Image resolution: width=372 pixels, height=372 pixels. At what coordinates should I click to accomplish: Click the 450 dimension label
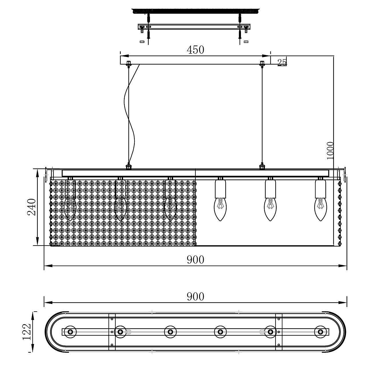point(195,50)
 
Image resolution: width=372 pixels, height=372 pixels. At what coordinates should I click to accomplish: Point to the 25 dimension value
point(282,62)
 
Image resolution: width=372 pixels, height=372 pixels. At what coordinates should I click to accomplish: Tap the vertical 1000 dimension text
point(330,151)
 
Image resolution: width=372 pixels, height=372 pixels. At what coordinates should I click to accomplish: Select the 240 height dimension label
point(31,207)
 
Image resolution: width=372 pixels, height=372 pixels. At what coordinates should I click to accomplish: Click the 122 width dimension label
point(26,332)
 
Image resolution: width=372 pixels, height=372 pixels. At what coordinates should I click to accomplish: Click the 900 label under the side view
point(195,260)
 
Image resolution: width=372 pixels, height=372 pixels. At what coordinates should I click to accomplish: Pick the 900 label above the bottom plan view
point(195,296)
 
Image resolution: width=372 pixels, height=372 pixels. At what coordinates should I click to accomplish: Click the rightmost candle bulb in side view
point(320,209)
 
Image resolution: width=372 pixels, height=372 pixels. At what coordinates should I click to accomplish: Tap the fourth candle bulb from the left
point(220,209)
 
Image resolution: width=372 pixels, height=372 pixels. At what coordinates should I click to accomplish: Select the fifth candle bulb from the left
point(270,209)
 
